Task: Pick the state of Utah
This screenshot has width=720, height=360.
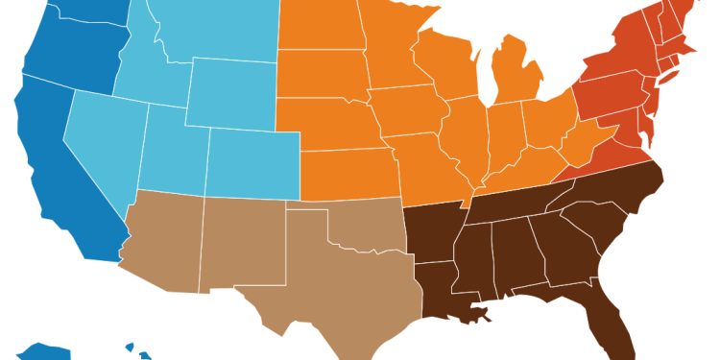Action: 173,149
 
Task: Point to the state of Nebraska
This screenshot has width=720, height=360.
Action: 336,130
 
